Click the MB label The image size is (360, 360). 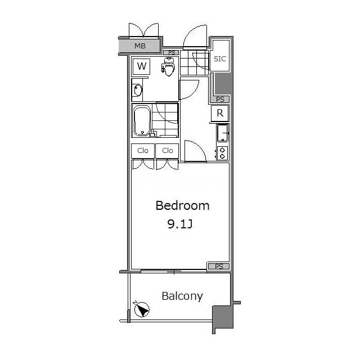click(140, 46)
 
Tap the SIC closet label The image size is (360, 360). click(220, 59)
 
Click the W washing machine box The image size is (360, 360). click(141, 66)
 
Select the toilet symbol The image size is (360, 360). click(168, 66)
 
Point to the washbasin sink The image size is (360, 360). click(138, 90)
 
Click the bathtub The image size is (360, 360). click(142, 120)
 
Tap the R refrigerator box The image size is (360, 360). click(220, 113)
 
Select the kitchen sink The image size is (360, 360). click(223, 133)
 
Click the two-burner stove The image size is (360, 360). click(222, 153)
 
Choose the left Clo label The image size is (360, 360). click(142, 151)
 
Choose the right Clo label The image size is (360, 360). click(168, 151)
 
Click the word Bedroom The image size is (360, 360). click(182, 205)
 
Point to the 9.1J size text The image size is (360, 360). click(180, 224)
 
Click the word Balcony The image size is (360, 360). click(182, 296)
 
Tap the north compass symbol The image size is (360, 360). click(142, 309)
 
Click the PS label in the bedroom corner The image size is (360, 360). click(219, 266)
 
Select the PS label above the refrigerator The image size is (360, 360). click(220, 100)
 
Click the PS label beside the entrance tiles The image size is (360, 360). click(172, 52)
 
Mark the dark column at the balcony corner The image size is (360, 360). click(223, 317)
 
